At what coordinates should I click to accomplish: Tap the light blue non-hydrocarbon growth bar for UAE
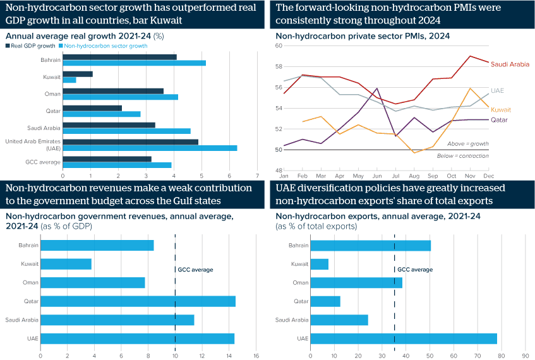(x=150, y=148)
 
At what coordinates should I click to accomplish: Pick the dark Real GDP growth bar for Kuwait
(x=78, y=74)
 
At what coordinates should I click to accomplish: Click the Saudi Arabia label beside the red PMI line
(x=510, y=64)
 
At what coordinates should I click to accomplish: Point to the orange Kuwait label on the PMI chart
(x=502, y=109)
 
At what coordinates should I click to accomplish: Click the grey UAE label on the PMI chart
(x=498, y=91)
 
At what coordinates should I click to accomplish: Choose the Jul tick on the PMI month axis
(x=395, y=175)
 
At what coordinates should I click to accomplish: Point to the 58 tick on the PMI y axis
(x=279, y=66)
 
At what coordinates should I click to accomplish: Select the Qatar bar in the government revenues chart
(x=138, y=301)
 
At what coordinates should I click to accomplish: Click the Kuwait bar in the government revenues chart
(x=66, y=264)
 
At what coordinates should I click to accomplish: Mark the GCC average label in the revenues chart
(x=195, y=270)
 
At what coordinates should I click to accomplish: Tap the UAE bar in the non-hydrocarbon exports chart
(x=404, y=339)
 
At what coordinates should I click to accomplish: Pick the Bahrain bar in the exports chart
(x=370, y=245)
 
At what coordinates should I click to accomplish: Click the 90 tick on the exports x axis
(x=525, y=356)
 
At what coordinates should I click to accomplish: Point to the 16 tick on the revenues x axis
(x=256, y=356)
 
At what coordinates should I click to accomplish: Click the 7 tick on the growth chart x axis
(x=257, y=175)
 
